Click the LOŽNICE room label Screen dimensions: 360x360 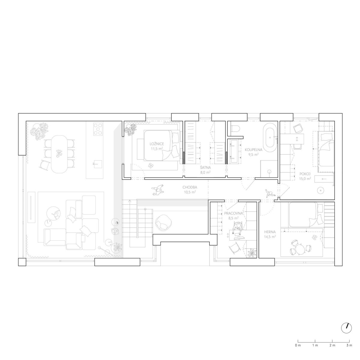pos(157,144)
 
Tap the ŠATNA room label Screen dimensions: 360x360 pos(205,168)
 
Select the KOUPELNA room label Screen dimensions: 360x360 pos(253,150)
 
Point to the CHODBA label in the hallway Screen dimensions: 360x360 pos(190,187)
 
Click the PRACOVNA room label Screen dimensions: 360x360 pos(233,213)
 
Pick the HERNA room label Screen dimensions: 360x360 pos(270,232)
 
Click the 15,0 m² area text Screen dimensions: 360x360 pos(305,178)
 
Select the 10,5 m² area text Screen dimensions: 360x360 pos(190,192)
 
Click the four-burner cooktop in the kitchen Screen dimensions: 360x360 pos(98,129)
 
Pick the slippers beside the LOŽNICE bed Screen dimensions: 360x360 pos(151,165)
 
